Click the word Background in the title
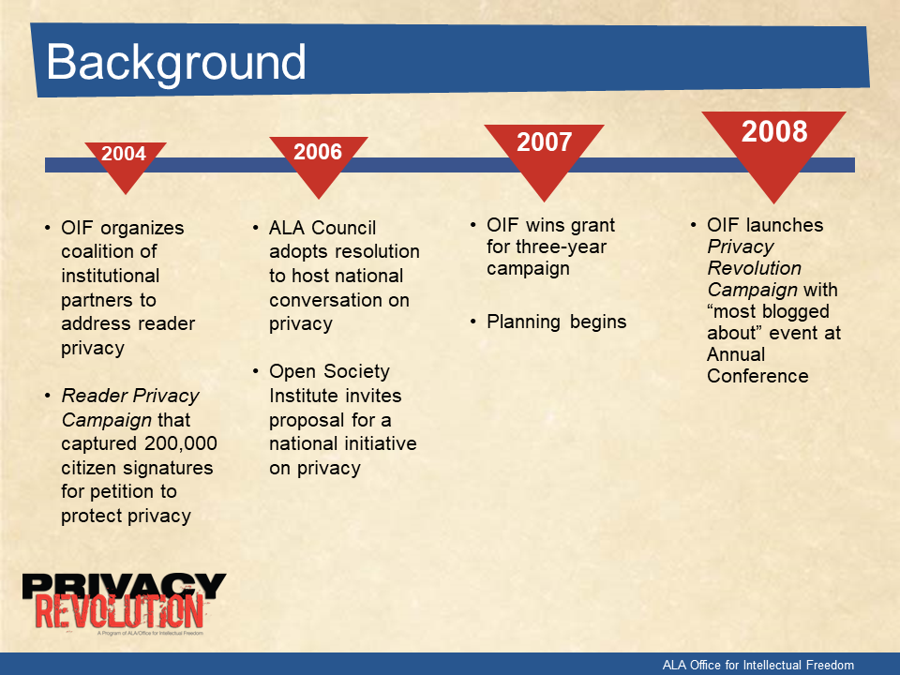coord(175,63)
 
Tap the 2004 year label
coord(124,154)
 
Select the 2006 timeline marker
coord(318,167)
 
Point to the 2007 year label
coord(544,142)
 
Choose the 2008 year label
coord(774,131)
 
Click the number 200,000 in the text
coord(181,443)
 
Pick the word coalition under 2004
coord(109,251)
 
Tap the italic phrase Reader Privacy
coord(129,396)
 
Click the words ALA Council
coord(322,228)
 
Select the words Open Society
coord(329,372)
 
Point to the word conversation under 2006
coord(338,300)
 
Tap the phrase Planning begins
coord(556,322)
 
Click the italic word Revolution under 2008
coord(754,268)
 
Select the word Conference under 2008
coord(757,376)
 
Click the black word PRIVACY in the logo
coord(124,585)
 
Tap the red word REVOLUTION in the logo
coord(119,612)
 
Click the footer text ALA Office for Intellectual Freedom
coord(757,665)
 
